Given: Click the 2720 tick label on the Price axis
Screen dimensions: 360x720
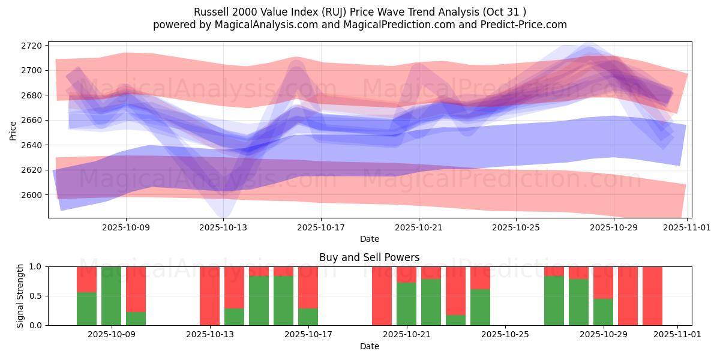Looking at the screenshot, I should click(31, 46).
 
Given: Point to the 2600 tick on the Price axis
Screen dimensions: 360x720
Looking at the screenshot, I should click(31, 195).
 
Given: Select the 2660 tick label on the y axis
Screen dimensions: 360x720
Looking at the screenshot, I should click(31, 120).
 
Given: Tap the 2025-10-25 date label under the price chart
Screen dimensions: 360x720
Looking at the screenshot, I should click(516, 228).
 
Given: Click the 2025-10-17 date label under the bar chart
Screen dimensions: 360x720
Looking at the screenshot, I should click(308, 335).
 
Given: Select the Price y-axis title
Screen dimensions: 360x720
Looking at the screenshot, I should click(13, 130).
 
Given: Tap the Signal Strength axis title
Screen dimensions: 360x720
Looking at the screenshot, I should click(20, 296).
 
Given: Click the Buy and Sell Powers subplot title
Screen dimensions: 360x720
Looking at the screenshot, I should click(370, 257).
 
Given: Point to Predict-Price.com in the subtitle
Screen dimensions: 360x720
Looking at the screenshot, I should click(524, 25).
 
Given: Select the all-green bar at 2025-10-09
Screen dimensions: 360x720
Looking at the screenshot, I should click(111, 296).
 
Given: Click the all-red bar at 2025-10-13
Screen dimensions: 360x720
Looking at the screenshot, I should click(209, 296).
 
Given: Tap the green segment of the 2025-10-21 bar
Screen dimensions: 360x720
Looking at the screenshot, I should click(406, 304).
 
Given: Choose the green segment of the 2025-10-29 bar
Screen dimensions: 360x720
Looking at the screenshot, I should click(603, 312).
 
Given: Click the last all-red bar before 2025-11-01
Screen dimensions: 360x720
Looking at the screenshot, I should click(652, 296).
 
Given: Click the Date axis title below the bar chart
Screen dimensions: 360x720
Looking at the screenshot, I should click(370, 346).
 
